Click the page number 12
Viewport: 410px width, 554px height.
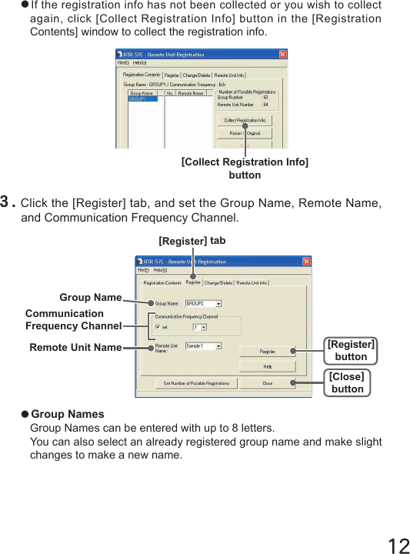point(398,546)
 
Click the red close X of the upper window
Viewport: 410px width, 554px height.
point(282,55)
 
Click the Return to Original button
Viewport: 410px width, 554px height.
point(245,133)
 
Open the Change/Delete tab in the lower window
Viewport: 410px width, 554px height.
point(218,282)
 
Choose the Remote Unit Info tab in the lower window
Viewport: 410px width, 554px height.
point(252,282)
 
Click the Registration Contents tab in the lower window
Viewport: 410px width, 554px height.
point(162,282)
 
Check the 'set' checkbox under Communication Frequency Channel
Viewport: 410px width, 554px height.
point(158,327)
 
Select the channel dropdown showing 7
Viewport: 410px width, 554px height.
point(199,327)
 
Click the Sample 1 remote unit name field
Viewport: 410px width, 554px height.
point(203,346)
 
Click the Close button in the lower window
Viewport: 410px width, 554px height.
point(267,382)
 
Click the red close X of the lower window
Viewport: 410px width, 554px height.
point(305,262)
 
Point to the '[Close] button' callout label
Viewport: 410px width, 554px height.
point(347,382)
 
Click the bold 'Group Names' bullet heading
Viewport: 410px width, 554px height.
point(67,414)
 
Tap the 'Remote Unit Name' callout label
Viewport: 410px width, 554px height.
point(75,347)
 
